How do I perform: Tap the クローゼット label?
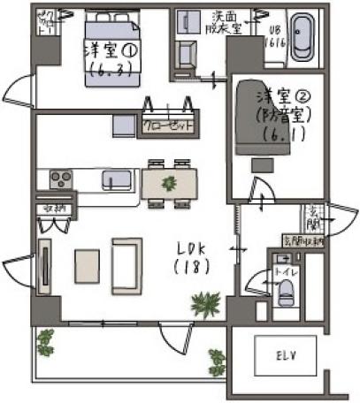point(168,125)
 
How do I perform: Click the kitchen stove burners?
point(61,179)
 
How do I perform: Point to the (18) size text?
point(191,266)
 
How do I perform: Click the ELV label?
point(284,356)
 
